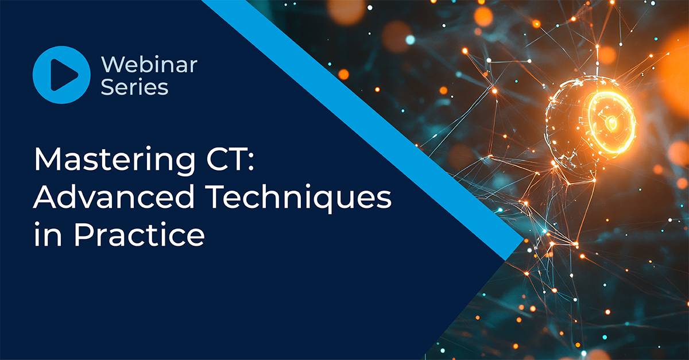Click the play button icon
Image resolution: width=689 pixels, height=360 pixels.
click(61, 75)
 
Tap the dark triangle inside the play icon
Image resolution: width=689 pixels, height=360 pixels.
click(64, 75)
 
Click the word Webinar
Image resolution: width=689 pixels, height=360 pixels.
click(149, 64)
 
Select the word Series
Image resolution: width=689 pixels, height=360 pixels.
click(134, 87)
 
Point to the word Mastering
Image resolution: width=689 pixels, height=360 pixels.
click(114, 161)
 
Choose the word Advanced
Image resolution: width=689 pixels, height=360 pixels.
click(114, 196)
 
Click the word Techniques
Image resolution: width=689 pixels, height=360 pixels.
click(298, 198)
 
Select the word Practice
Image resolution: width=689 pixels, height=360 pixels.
click(140, 234)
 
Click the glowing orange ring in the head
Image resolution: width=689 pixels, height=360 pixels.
click(611, 122)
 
